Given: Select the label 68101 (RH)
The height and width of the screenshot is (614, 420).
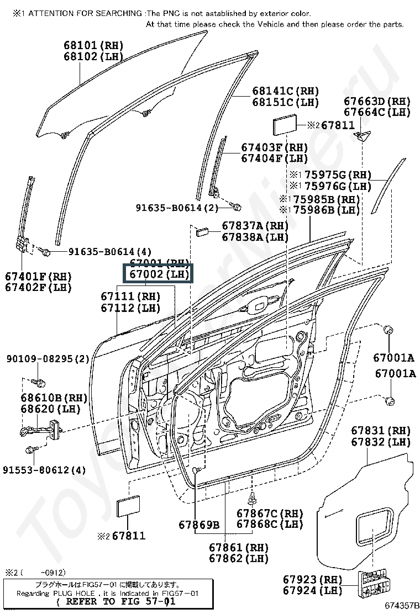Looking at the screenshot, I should tap(93, 45).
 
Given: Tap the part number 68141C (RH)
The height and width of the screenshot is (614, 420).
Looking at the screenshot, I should tap(286, 91).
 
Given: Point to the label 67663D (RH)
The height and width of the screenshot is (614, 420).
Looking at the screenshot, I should tap(377, 101).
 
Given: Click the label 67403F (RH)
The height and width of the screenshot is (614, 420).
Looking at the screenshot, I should tap(274, 147).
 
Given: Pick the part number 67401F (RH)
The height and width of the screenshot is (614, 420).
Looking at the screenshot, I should tap(39, 276).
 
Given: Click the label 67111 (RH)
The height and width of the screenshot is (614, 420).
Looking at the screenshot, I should tap(130, 297).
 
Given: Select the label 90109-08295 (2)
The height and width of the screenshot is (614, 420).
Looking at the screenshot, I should tap(48, 359).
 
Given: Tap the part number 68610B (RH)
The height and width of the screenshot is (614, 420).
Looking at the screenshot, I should tap(54, 398).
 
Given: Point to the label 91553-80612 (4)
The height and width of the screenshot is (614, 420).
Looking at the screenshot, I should tap(44, 470).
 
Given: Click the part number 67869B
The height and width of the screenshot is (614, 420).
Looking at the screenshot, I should tap(199, 524).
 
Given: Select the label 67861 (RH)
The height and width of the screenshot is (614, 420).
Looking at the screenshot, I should tap(239, 547).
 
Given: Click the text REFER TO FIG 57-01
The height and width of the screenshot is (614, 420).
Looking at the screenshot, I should tap(117, 601).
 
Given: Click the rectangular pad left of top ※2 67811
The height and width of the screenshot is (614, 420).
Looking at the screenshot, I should tap(285, 126).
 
